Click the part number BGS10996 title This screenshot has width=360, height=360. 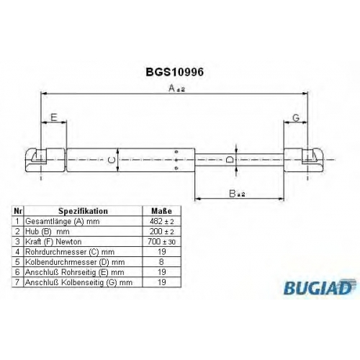pos(175,72)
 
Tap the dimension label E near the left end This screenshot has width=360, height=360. pos(54,117)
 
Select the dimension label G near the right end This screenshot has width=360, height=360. pos(296,118)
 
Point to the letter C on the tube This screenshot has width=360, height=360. pos(112,160)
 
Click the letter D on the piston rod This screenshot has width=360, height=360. pos(230,159)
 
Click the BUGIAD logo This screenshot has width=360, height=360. pos(320,287)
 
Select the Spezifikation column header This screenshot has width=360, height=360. pos(83,211)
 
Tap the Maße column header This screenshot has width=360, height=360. pos(161,211)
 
